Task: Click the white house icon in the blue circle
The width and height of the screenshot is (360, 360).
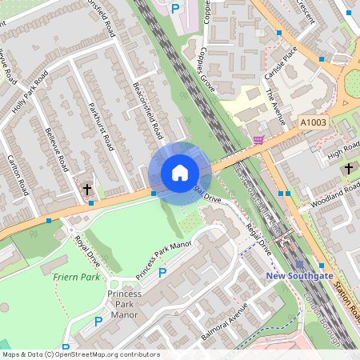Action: pos(179,173)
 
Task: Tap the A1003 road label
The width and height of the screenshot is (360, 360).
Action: pos(314,122)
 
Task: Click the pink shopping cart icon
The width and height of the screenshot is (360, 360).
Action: pos(258,140)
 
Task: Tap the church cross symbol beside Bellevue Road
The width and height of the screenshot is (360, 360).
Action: pos(87,190)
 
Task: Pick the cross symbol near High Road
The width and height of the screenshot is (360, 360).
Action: pos(348,169)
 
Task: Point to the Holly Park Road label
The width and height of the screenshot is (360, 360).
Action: pos(30,92)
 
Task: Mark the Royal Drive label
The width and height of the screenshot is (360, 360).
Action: pos(88,250)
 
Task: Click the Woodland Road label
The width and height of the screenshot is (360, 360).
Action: pos(341,196)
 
